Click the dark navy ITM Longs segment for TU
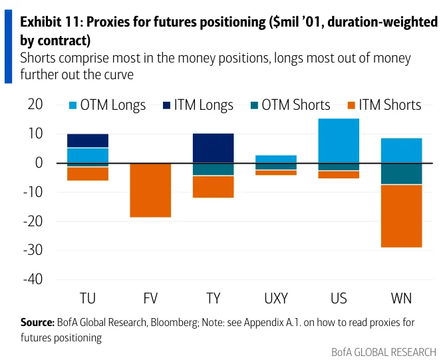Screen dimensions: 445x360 88,140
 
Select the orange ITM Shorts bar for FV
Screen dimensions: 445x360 150,190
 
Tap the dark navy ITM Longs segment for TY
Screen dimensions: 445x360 213,148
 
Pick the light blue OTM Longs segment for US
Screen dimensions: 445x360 339,141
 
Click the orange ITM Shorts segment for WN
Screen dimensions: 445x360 401,216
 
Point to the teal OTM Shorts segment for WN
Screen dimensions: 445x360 401,174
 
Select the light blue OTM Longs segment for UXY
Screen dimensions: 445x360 276,159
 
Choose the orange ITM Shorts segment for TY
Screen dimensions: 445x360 213,187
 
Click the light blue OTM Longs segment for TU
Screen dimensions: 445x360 88,156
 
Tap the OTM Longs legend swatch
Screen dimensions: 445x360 73,106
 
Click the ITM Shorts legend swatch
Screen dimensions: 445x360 351,106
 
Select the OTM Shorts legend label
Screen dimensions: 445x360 296,104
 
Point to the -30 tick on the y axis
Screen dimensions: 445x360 33,250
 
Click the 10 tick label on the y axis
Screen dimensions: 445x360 35,134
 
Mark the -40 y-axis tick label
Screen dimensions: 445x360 33,279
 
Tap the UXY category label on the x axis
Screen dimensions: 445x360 276,298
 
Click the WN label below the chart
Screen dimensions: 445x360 401,298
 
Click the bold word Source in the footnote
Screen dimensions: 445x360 37,323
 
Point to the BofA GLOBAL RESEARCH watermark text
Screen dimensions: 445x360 384,352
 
